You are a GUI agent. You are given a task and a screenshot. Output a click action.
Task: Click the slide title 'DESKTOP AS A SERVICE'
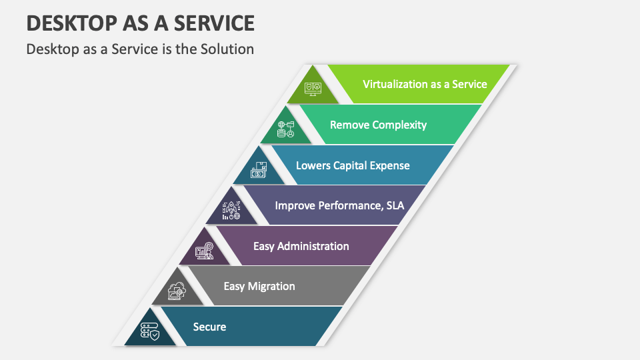[x=141, y=23]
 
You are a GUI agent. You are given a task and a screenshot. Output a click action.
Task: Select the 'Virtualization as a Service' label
[x=425, y=84]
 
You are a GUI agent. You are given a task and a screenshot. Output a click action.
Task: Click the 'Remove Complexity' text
[x=378, y=125]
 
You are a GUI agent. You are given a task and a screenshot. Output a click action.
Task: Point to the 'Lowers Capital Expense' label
[x=353, y=165]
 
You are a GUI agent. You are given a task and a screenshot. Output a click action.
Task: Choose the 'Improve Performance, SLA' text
[x=339, y=205]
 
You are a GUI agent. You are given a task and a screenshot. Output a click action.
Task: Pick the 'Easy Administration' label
[x=301, y=246]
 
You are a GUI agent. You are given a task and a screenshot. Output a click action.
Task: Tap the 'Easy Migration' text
[x=259, y=286]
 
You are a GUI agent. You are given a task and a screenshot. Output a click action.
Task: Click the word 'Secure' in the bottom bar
[x=209, y=327]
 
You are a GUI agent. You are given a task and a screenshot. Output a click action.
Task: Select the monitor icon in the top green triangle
[x=313, y=89]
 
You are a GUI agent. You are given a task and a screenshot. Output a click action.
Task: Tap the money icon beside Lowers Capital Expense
[x=259, y=171]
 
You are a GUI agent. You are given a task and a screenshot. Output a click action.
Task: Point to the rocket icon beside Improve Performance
[x=231, y=211]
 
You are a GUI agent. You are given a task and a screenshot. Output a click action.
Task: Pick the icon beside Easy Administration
[x=204, y=251]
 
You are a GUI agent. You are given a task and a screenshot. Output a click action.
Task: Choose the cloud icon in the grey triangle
[x=177, y=291]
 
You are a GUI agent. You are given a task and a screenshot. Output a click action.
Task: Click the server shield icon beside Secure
[x=150, y=331]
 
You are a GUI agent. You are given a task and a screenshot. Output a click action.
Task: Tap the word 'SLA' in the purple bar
[x=393, y=205]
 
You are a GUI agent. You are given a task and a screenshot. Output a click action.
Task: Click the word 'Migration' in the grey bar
[x=271, y=286]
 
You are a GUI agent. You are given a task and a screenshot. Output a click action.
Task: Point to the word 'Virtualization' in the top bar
[x=397, y=84]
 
